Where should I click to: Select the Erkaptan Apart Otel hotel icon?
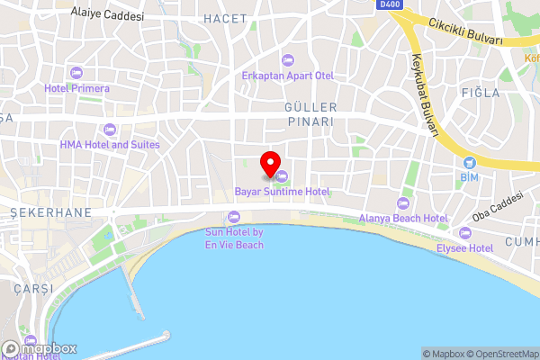tap(287, 60)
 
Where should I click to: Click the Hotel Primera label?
tap(76, 89)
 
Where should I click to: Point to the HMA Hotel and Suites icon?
tap(110, 130)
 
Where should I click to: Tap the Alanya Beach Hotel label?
tap(403, 219)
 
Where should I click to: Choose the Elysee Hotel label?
tap(464, 247)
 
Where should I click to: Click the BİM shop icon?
tap(468, 162)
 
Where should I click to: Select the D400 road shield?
tap(389, 4)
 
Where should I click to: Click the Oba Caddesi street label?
tap(497, 207)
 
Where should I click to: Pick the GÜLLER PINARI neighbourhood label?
tap(296, 113)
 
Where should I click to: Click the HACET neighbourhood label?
tap(225, 18)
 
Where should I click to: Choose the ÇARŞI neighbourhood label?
tap(33, 288)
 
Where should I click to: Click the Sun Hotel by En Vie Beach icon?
tap(234, 216)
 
